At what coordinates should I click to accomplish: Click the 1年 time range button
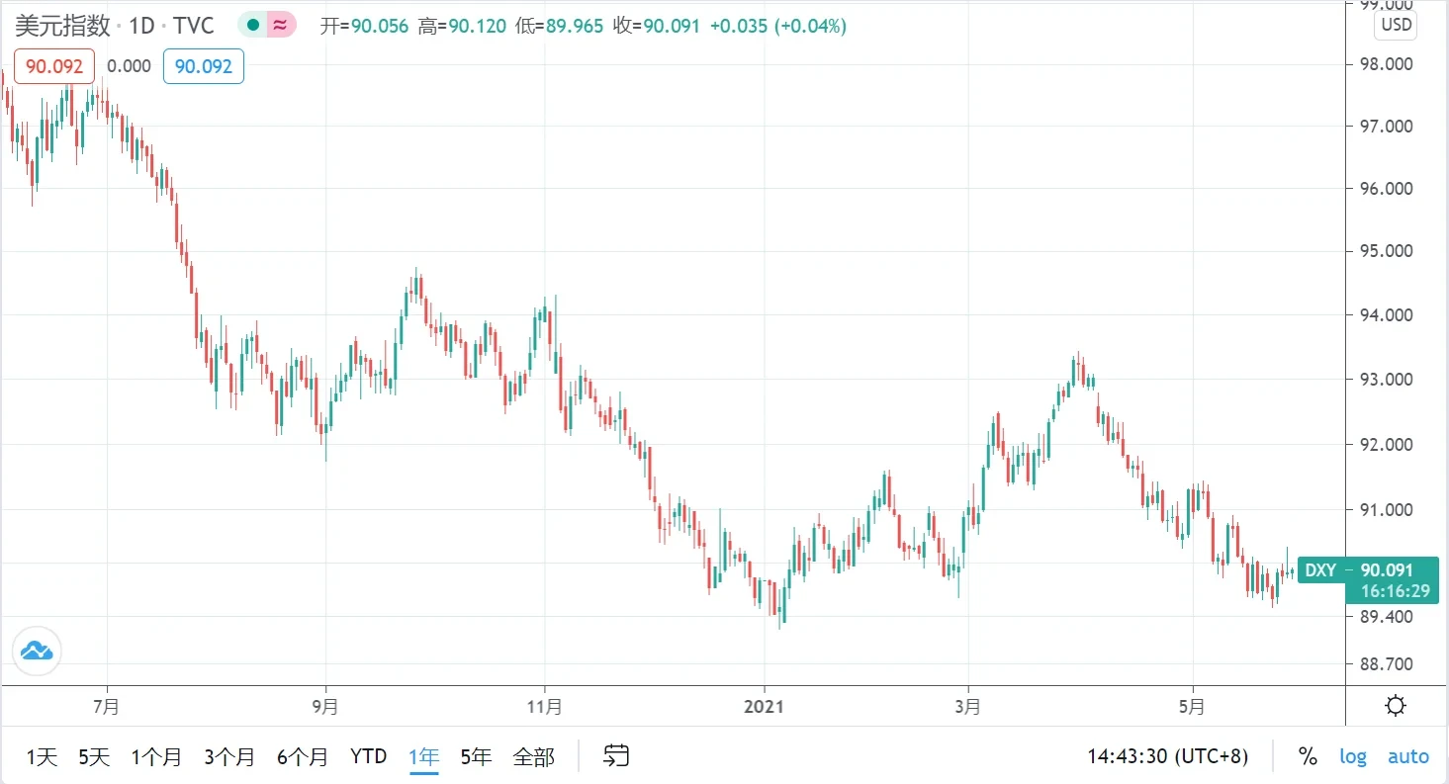[x=423, y=757]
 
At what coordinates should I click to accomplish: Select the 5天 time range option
[x=94, y=757]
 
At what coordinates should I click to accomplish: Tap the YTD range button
[x=369, y=757]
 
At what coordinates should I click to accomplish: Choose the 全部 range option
[x=533, y=757]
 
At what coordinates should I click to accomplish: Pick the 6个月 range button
[x=303, y=757]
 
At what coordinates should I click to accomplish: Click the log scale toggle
[x=1353, y=756]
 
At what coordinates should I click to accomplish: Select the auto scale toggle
[x=1408, y=756]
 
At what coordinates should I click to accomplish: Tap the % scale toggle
[x=1308, y=756]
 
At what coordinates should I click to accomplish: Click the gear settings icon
[x=1397, y=706]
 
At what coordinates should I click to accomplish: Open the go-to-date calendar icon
[x=616, y=756]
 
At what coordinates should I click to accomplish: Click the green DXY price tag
[x=1372, y=579]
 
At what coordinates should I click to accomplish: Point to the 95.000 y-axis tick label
[x=1387, y=251]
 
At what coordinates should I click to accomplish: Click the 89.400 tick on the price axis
[x=1387, y=616]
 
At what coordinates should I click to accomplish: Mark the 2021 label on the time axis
[x=764, y=707]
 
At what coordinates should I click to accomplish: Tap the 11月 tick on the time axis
[x=545, y=707]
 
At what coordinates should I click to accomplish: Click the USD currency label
[x=1396, y=25]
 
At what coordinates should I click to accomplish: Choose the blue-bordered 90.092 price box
[x=203, y=66]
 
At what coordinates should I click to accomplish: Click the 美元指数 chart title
[x=62, y=26]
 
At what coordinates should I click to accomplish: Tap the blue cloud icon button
[x=37, y=651]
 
